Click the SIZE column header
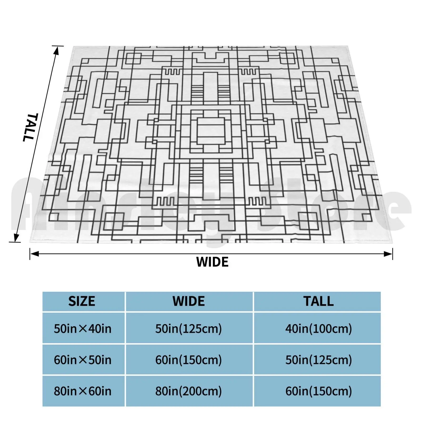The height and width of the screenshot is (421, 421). pyautogui.click(x=82, y=301)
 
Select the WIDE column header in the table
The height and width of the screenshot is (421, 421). pyautogui.click(x=189, y=301)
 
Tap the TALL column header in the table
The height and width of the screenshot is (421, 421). pyautogui.click(x=318, y=301)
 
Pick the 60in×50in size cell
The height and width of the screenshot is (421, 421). pyautogui.click(x=83, y=360)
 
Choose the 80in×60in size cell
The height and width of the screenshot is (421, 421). pyautogui.click(x=83, y=391)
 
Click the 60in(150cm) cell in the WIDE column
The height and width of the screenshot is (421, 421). pyautogui.click(x=189, y=360)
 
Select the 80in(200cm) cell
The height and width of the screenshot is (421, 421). pyautogui.click(x=189, y=391)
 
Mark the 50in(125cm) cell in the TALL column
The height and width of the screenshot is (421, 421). pyautogui.click(x=319, y=360)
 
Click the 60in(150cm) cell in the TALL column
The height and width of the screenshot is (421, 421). pyautogui.click(x=319, y=391)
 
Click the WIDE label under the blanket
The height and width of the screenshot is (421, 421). pyautogui.click(x=212, y=262)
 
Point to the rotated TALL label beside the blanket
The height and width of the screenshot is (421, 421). pyautogui.click(x=31, y=127)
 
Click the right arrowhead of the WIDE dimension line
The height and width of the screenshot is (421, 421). pyautogui.click(x=388, y=254)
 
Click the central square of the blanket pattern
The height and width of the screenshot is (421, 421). pyautogui.click(x=211, y=131)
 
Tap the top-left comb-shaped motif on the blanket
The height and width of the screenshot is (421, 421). pyautogui.click(x=172, y=71)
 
